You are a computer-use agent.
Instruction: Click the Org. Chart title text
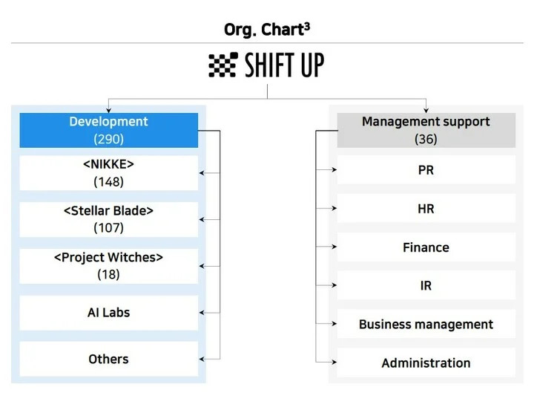267,30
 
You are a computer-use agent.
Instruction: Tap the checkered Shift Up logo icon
223,65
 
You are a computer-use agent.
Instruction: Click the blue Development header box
108,130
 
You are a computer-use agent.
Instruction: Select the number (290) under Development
108,139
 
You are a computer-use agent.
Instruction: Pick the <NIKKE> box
108,173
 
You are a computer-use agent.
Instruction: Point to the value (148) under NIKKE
108,182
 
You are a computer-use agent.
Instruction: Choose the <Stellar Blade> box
108,219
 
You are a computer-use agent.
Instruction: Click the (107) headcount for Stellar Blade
108,228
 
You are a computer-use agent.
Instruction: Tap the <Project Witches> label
108,257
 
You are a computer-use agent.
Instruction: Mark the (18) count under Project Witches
108,274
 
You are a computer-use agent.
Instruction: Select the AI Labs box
108,313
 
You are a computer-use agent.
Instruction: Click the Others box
108,359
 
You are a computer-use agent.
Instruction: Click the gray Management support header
426,130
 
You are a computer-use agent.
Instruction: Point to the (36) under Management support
426,139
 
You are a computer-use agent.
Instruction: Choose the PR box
426,170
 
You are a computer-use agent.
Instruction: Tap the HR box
426,209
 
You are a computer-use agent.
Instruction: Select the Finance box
426,247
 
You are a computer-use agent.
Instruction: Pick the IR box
426,285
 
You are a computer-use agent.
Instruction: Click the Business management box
426,324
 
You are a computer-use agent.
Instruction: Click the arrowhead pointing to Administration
334,362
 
